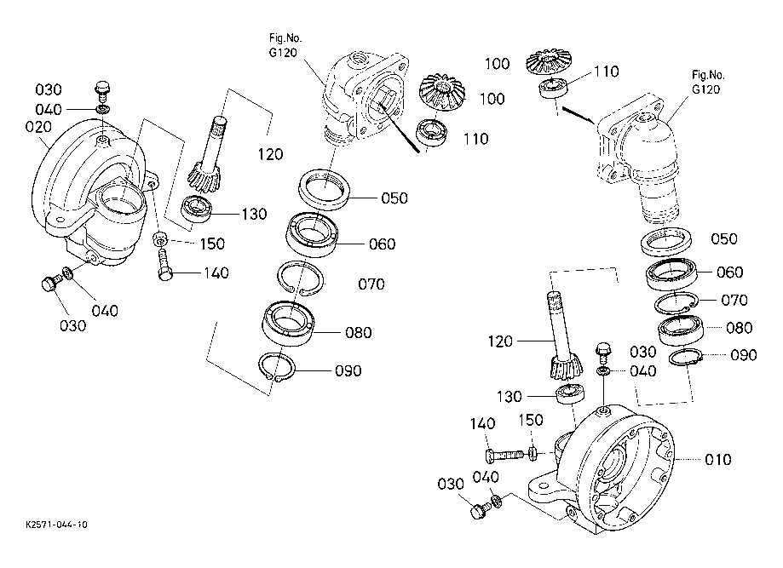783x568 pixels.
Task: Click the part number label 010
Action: pos(718,460)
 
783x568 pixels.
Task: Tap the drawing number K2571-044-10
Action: pos(55,525)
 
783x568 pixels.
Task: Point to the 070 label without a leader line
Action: pos(371,284)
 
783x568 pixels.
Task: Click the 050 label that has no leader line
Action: pos(723,238)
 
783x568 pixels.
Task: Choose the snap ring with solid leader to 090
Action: pos(276,368)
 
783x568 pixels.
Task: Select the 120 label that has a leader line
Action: pos(501,341)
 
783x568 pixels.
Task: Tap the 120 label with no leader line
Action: pos(269,154)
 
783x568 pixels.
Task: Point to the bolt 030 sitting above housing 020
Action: pos(103,88)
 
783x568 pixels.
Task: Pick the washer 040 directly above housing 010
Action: pos(602,372)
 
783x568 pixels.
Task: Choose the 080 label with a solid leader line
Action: pos(359,332)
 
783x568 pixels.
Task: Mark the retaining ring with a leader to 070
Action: pos(674,301)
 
